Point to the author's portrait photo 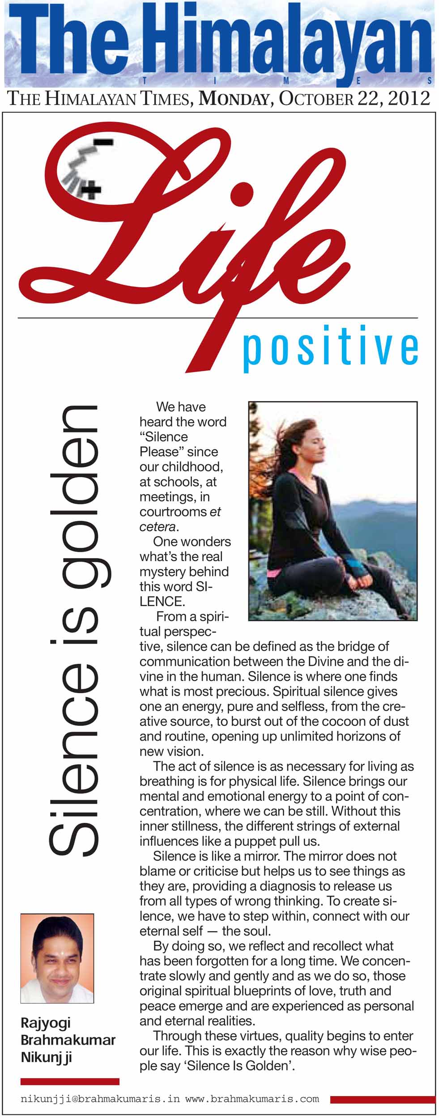[x=57, y=953]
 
